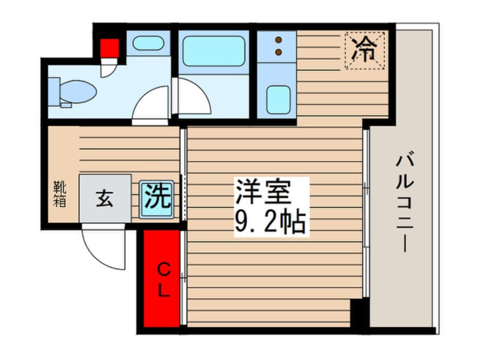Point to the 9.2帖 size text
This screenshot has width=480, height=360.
click(x=271, y=223)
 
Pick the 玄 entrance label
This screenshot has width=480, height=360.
click(x=104, y=199)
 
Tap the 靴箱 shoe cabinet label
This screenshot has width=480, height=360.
click(x=59, y=193)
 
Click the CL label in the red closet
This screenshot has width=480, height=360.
click(x=162, y=279)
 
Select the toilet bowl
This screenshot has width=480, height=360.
click(x=77, y=91)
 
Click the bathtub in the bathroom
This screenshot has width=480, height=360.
click(x=214, y=51)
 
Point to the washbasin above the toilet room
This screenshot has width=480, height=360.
click(x=148, y=44)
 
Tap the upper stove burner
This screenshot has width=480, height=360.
click(x=279, y=40)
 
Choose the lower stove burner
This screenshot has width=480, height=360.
click(x=279, y=52)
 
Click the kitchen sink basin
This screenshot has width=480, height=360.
click(x=279, y=99)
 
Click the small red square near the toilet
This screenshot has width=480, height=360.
click(x=110, y=47)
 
